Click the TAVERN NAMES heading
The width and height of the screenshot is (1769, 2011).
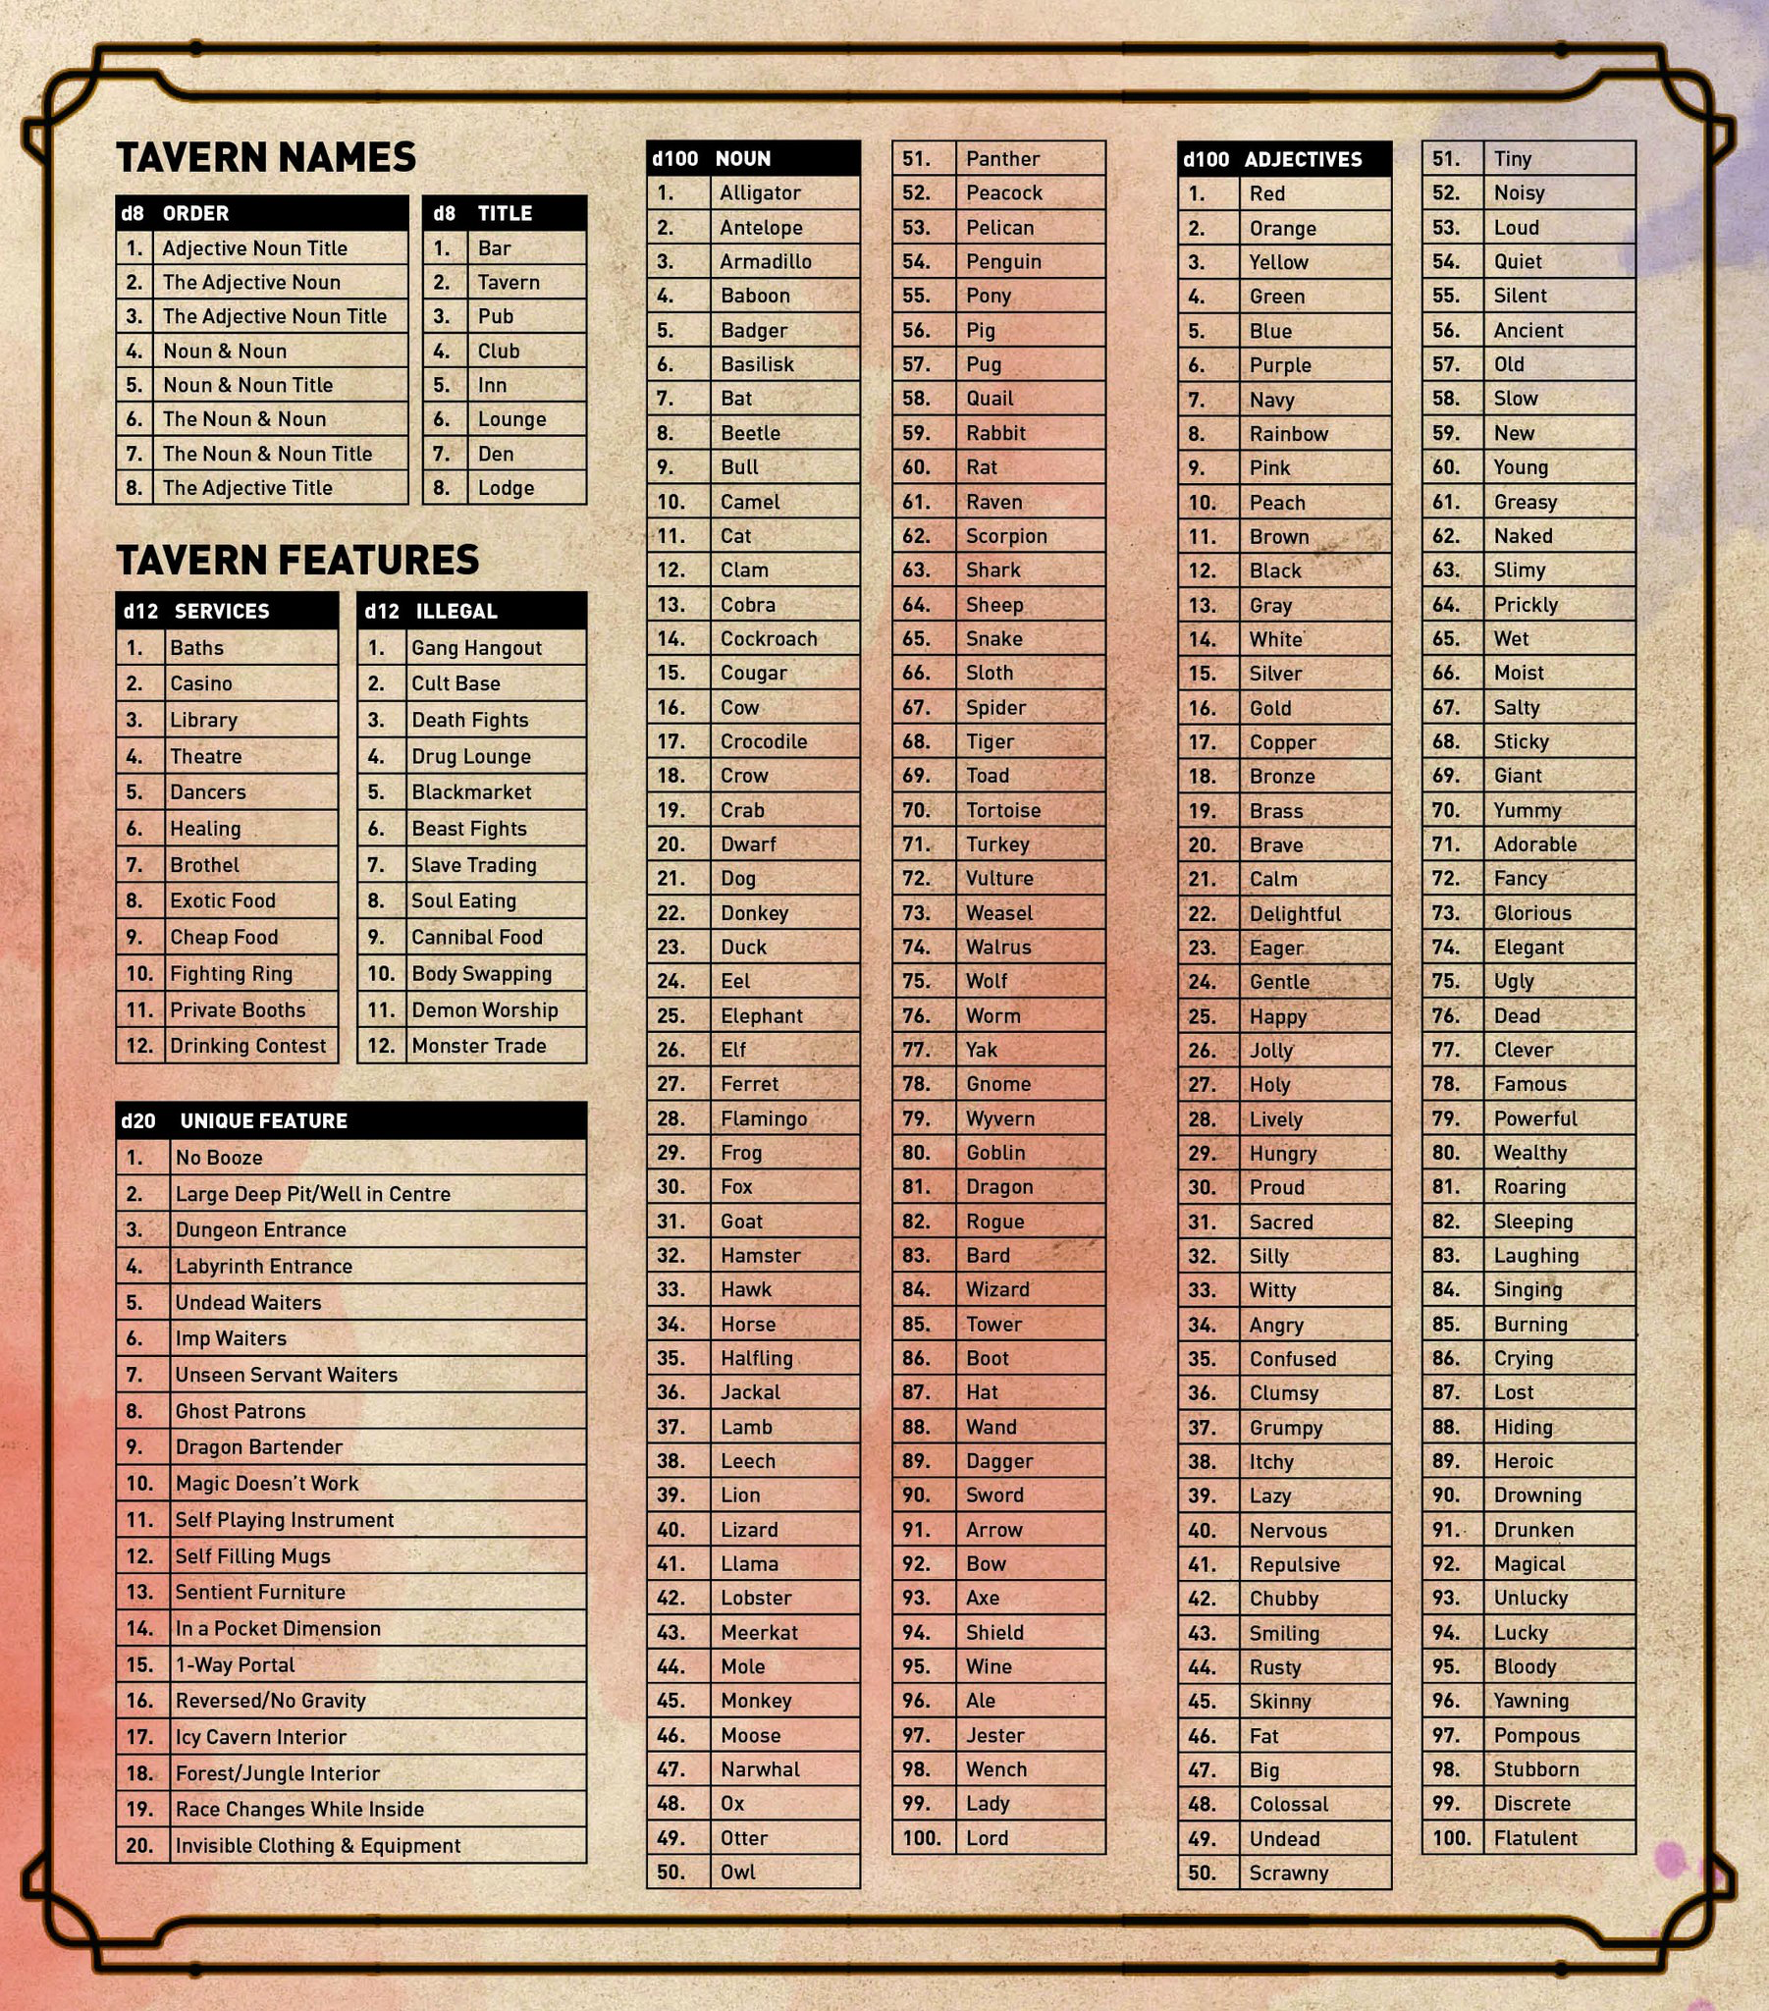tap(266, 157)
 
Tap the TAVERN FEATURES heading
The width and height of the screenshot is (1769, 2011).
tap(297, 560)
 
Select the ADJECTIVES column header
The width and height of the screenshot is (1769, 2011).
tap(1303, 159)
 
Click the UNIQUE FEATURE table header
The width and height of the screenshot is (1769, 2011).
tap(263, 1120)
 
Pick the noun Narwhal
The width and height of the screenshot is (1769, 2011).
tap(760, 1769)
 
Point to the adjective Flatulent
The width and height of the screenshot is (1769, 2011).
tap(1534, 1838)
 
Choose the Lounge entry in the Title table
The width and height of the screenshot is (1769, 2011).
tap(511, 419)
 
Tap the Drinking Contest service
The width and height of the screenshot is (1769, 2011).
tap(248, 1045)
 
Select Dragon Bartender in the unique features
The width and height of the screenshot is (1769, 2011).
tap(259, 1446)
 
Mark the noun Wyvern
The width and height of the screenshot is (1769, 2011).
tap(999, 1118)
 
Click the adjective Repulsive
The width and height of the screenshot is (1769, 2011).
tap(1295, 1564)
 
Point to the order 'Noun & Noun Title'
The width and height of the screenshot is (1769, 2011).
tap(248, 385)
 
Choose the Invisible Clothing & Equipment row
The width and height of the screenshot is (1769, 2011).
tap(318, 1846)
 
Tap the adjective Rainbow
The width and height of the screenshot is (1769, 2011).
tap(1289, 434)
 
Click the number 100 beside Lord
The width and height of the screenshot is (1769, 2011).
tap(922, 1838)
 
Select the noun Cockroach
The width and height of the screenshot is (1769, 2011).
tap(769, 638)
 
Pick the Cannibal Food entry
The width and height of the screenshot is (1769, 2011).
tap(477, 937)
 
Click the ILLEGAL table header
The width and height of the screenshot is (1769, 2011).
tap(456, 611)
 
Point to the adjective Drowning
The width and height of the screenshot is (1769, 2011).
tap(1536, 1495)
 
